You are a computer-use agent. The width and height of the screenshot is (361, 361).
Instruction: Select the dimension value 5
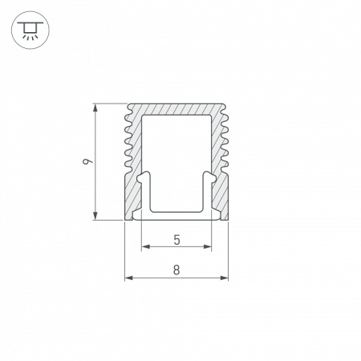pos(176,239)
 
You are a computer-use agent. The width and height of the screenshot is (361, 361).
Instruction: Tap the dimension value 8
pos(176,270)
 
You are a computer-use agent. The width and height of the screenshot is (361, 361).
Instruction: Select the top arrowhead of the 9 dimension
pos(96,107)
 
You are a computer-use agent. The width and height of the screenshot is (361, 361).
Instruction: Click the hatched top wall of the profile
pos(176,109)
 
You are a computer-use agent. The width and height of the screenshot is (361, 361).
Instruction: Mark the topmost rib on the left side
pos(127,112)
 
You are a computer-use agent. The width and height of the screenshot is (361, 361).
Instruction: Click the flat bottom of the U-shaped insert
pos(176,214)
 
